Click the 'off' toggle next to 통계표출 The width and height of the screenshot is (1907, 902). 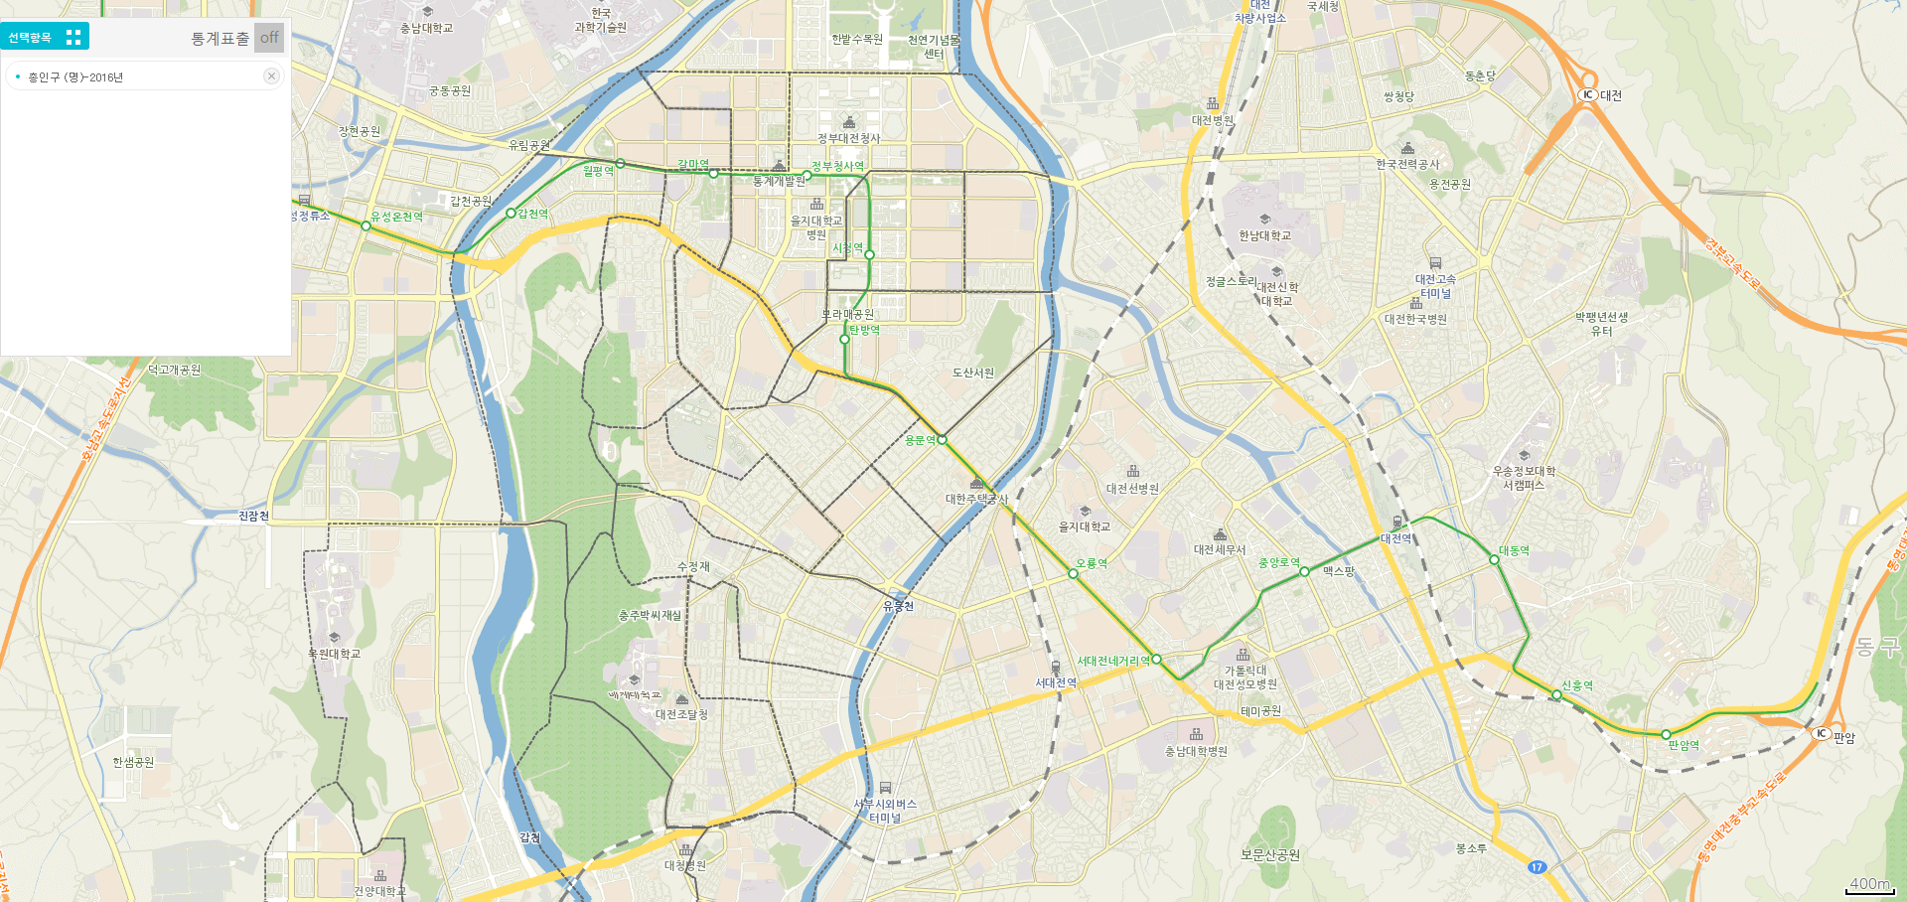point(269,38)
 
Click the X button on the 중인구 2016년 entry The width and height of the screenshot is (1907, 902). point(271,76)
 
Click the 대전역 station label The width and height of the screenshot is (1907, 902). point(1395,538)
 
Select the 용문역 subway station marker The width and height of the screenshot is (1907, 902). point(942,439)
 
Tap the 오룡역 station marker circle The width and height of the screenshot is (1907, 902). point(1073,574)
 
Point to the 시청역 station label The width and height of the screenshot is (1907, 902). point(847,248)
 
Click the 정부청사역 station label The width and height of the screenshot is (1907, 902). point(837,166)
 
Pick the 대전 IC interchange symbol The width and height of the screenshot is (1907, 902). point(1587,95)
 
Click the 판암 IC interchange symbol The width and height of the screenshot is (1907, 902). point(1821,733)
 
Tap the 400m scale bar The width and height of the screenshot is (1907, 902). point(1870,885)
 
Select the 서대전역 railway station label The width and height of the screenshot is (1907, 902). point(1056,682)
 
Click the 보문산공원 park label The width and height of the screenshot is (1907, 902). point(1269,854)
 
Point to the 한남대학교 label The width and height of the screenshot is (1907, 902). point(1264,235)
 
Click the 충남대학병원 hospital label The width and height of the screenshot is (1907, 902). point(1196,751)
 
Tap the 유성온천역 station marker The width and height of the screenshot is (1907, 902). point(366,226)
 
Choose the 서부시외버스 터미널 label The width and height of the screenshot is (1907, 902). point(885,811)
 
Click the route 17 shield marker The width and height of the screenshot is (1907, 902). point(1537,867)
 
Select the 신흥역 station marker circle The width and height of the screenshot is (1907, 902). point(1556,695)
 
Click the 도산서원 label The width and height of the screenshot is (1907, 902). point(972,373)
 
